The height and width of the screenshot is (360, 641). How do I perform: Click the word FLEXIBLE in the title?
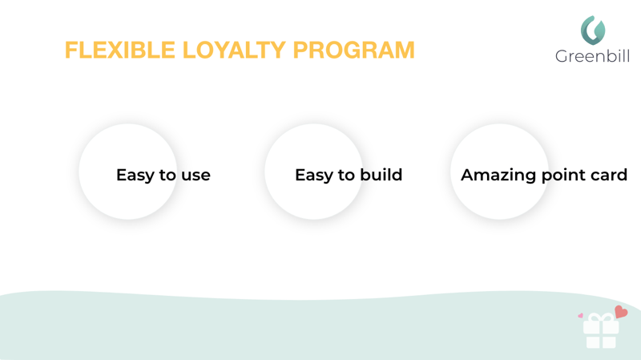119,50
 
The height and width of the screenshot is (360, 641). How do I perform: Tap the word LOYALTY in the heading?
234,50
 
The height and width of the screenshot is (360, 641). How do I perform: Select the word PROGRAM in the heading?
353,50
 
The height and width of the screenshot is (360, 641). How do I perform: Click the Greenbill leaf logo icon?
593,30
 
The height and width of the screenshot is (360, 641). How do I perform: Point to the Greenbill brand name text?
592,56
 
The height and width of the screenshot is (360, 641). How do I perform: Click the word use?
196,176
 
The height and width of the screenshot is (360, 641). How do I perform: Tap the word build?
381,175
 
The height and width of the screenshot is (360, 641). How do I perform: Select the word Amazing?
498,176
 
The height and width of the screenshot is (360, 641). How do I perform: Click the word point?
562,176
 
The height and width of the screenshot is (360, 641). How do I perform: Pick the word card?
607,175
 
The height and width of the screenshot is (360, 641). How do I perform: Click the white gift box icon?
601,331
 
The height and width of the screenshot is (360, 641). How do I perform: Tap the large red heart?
621,312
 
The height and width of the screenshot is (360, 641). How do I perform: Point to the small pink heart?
580,315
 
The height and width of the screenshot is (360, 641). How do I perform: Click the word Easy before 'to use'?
135,176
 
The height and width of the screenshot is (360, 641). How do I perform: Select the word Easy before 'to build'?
314,176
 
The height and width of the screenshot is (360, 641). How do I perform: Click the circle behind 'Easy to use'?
128,172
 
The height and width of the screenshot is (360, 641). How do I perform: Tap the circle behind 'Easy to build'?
313,172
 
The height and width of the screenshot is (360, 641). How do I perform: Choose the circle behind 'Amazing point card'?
499,172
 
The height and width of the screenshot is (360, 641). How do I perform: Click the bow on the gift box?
601,318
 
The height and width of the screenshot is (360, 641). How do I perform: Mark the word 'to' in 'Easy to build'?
347,176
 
